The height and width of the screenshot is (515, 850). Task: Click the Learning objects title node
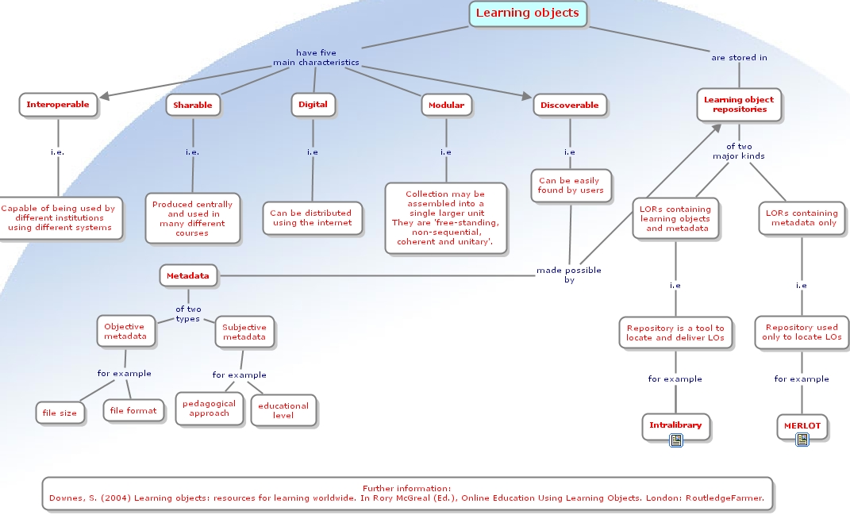tap(527, 13)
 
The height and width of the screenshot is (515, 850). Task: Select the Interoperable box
tap(58, 104)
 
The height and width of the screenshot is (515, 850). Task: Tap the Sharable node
tap(193, 105)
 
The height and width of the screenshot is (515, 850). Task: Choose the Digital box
tap(313, 104)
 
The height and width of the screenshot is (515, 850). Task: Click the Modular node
tap(446, 105)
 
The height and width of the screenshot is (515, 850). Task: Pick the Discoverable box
tap(569, 105)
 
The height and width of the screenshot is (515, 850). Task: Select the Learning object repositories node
tap(739, 105)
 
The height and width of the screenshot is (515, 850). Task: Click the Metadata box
tap(188, 276)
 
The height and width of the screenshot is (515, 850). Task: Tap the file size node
tap(60, 413)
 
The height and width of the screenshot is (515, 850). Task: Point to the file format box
tap(133, 410)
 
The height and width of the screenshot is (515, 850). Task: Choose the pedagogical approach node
tap(209, 408)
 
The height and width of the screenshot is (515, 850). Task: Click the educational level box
tap(283, 410)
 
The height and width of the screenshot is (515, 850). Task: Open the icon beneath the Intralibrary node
tap(675, 440)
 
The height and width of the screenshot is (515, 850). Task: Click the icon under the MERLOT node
tap(802, 440)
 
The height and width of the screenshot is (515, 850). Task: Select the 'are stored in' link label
tap(739, 58)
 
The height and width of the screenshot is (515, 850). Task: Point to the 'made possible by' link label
tap(568, 275)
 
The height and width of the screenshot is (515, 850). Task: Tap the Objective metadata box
tap(125, 331)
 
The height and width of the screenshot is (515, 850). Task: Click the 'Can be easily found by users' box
tap(570, 186)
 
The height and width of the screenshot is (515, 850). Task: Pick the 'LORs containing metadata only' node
tap(801, 218)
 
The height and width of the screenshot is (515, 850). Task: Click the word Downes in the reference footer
tap(66, 498)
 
